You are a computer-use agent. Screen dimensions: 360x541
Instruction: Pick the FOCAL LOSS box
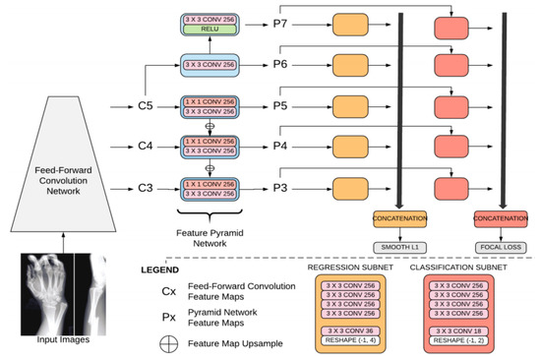(497, 246)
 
